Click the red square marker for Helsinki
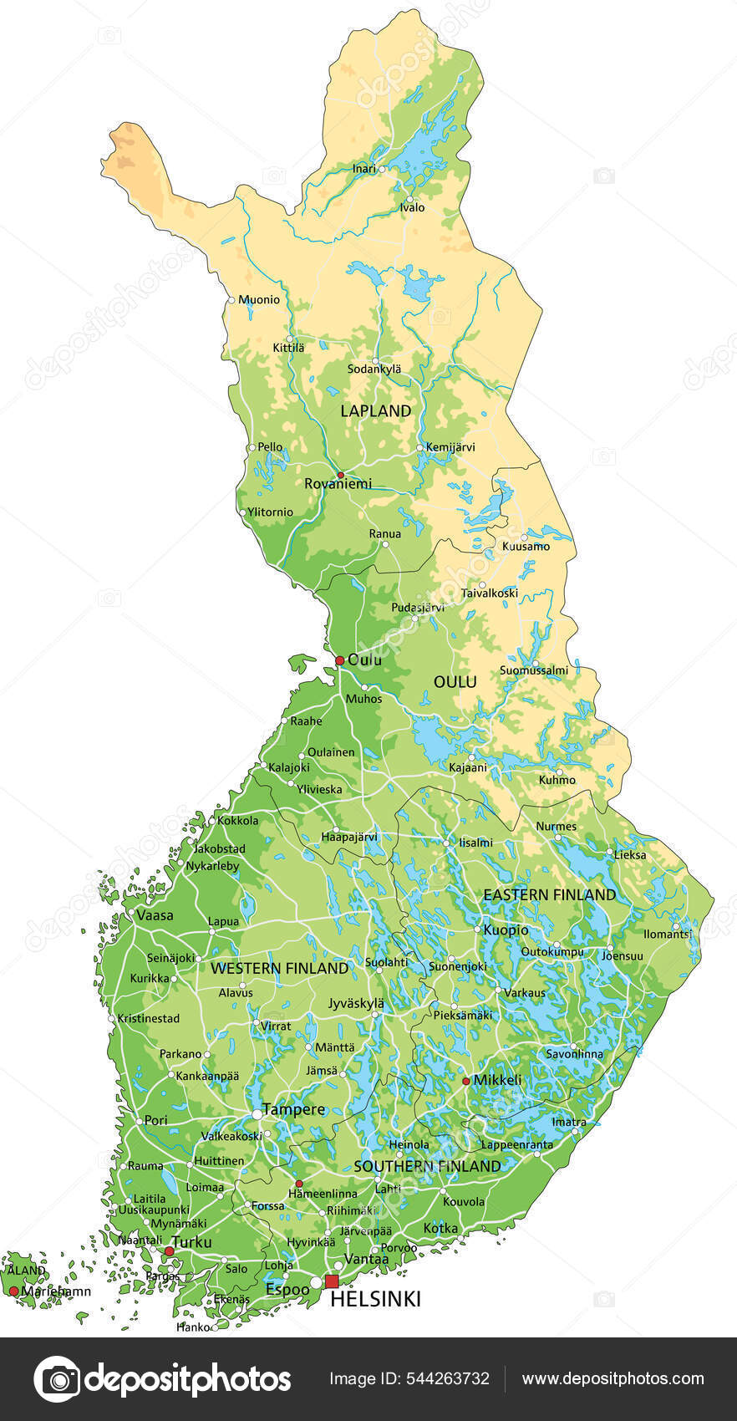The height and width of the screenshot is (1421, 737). tap(332, 1281)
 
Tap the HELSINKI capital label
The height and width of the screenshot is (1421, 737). tap(375, 1299)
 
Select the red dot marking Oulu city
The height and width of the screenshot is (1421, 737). tap(339, 660)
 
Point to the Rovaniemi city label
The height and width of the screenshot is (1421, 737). tap(338, 484)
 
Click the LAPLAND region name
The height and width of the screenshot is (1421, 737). tap(375, 410)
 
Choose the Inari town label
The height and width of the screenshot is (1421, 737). tap(363, 169)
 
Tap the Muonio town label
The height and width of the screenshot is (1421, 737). tap(259, 299)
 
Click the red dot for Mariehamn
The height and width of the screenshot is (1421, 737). tap(13, 1291)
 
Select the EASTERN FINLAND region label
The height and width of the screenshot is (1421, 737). tap(549, 894)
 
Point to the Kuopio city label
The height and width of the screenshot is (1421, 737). tap(506, 930)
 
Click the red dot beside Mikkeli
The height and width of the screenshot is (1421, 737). tap(465, 1081)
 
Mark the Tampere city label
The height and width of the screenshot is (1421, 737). tap(293, 1110)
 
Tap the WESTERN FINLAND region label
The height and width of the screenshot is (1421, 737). tap(279, 968)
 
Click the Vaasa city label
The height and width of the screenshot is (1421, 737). tap(155, 915)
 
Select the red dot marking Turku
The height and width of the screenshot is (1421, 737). tap(169, 1251)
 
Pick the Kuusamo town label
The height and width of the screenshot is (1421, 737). tap(526, 547)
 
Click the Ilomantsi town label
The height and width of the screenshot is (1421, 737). tap(668, 934)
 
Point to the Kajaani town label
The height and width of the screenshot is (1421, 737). tap(467, 767)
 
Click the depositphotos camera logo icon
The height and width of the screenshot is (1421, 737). tap(57, 1379)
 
